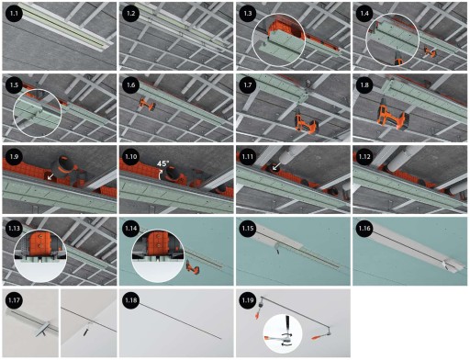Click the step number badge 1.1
pyautogui.click(x=14, y=14)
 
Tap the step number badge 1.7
pyautogui.click(x=248, y=85)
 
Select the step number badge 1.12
pyautogui.click(x=364, y=157)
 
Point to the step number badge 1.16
pyautogui.click(x=364, y=229)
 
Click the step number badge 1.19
pyautogui.click(x=248, y=300)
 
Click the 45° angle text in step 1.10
pyautogui.click(x=163, y=163)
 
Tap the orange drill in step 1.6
pyautogui.click(x=147, y=105)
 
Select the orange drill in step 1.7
pyautogui.click(x=306, y=121)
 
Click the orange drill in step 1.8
pyautogui.click(x=393, y=114)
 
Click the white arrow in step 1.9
pyautogui.click(x=50, y=176)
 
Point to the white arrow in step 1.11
pyautogui.click(x=277, y=166)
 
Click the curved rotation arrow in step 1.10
pyautogui.click(x=159, y=174)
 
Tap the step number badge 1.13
pyautogui.click(x=14, y=229)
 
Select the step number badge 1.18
pyautogui.click(x=131, y=300)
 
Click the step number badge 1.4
pyautogui.click(x=364, y=14)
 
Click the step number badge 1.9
pyautogui.click(x=14, y=157)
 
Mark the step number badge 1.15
pyautogui.click(x=248, y=229)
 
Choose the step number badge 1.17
pyautogui.click(x=14, y=300)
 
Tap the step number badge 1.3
pyautogui.click(x=248, y=14)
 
